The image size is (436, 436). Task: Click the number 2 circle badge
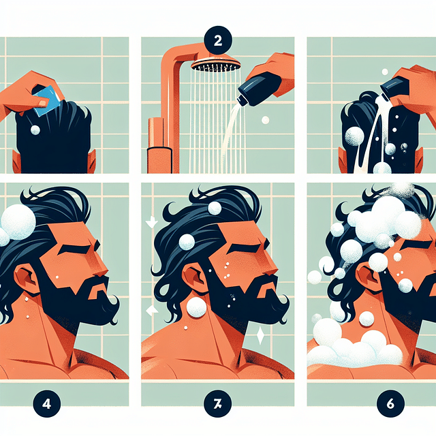pyautogui.click(x=217, y=39)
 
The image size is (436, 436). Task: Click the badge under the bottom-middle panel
pyautogui.click(x=218, y=401)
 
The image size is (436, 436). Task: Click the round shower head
pyautogui.click(x=216, y=64)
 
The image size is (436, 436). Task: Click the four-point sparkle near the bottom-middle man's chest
pyautogui.click(x=260, y=335)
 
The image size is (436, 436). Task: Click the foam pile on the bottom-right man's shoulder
pyautogui.click(x=354, y=351)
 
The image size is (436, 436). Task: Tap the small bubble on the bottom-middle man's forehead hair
pyautogui.click(x=215, y=208)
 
